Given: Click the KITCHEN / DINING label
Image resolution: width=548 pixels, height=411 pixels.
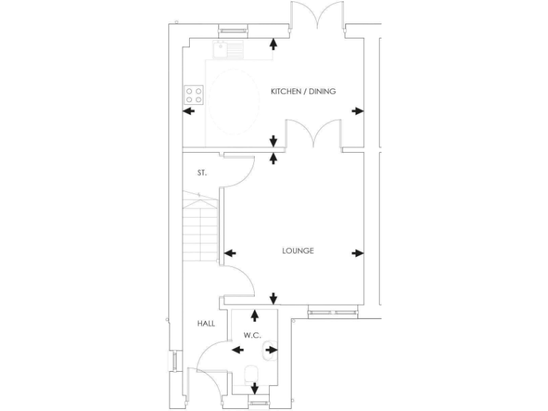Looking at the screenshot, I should coord(303,91).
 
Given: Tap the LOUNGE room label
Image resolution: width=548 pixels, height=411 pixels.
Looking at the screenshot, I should coord(298,250).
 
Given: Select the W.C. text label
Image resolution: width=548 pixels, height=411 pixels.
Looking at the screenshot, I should coord(253,335).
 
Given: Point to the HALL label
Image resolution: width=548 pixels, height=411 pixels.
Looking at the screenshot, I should coord(206,323).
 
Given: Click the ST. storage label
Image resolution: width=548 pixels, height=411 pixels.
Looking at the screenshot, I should coord(202,173).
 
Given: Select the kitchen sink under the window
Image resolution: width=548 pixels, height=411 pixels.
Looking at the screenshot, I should coord(229,49).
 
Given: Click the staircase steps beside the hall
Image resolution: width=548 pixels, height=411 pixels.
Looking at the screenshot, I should coord(199,228).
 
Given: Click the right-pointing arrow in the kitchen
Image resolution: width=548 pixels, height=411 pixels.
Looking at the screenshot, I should coord(357,111).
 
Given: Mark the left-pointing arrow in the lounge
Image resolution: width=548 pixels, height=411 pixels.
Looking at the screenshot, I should coord(230,253).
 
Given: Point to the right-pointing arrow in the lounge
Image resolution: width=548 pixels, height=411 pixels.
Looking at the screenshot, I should coord(357,253).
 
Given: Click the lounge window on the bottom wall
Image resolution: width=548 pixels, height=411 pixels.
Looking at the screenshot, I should coord(333,312).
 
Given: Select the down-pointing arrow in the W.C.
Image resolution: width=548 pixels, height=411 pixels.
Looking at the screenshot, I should coord(255,388).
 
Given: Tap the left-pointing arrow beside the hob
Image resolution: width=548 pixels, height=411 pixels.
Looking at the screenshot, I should coord(190,111).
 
